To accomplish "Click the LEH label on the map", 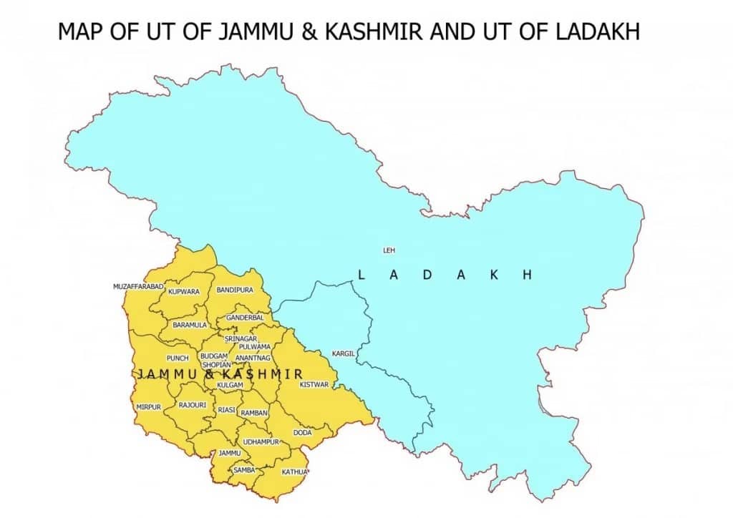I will click(389, 250).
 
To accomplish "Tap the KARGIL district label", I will click(343, 353).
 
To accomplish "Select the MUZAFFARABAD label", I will click(139, 286).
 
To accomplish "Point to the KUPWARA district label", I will click(184, 291).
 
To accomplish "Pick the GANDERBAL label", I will click(245, 317).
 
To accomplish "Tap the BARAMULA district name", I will click(190, 325).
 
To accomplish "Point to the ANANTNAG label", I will click(253, 357).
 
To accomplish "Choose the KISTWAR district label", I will click(314, 384).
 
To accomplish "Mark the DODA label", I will click(302, 433).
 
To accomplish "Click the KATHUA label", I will click(294, 471).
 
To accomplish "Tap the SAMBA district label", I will click(244, 469).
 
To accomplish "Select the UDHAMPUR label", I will click(260, 442).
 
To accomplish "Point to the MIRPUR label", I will click(149, 406).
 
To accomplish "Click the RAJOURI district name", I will click(193, 405).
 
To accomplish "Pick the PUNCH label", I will click(177, 358).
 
